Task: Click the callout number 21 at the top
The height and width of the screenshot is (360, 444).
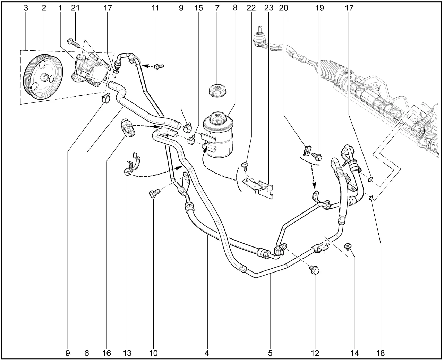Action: pos(75,8)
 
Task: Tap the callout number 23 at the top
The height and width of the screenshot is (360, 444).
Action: pos(269,8)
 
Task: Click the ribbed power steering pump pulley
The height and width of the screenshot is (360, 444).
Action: pos(43,77)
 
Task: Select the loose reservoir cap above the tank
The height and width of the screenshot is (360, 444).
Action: pos(218,90)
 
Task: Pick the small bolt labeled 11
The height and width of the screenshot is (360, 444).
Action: pos(159,67)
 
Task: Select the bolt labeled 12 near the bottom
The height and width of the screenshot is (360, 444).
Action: pos(315,270)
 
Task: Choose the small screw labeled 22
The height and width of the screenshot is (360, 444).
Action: pos(245,166)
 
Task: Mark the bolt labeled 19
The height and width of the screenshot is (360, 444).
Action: pos(317,157)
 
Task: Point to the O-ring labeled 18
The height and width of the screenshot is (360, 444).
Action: pos(371,198)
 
